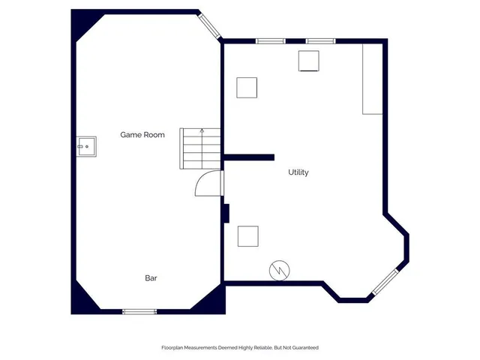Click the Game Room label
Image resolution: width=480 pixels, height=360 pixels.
(x=142, y=135)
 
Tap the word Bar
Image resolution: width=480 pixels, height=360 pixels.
(x=151, y=278)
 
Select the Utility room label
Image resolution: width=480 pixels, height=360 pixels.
(x=298, y=172)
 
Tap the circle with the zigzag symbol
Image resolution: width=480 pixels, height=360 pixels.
(x=278, y=268)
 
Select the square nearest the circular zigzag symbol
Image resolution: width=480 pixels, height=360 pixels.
(x=248, y=236)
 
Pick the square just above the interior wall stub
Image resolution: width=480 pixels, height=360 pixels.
(x=247, y=88)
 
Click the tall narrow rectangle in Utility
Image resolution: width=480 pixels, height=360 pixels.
(x=373, y=79)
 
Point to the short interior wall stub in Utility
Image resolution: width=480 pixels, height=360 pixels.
(x=249, y=157)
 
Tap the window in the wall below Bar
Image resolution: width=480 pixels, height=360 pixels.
(x=139, y=311)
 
